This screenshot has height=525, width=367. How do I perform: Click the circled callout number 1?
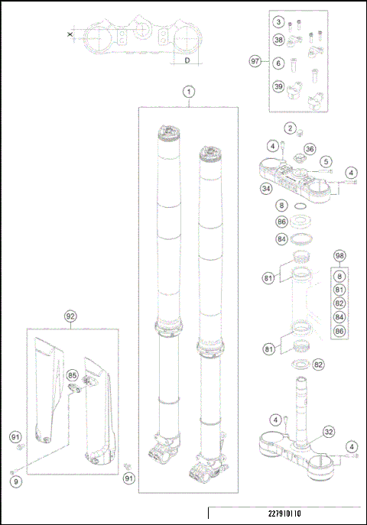tap(188, 91)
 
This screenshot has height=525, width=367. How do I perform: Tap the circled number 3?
tap(279, 21)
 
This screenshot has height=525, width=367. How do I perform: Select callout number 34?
tap(267, 188)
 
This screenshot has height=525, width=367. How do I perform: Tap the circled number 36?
tap(310, 148)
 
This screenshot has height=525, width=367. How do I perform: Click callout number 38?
tap(279, 40)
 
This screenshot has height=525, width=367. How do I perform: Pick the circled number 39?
tap(279, 87)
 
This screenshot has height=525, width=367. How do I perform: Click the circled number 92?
tap(70, 314)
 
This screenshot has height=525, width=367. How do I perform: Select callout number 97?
tap(255, 60)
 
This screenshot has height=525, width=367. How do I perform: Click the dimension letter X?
tap(70, 34)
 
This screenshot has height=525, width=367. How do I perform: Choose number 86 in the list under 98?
tap(340, 331)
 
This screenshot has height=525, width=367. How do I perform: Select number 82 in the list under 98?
tap(340, 302)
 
